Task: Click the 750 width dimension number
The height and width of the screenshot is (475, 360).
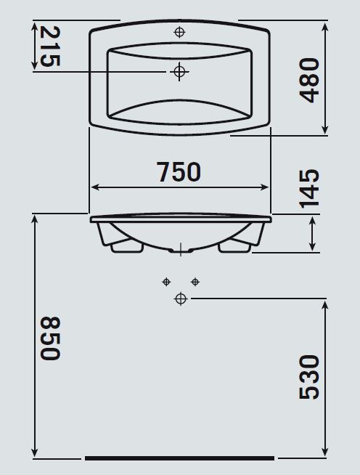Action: click(x=179, y=171)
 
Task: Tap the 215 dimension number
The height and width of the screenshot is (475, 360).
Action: click(x=50, y=46)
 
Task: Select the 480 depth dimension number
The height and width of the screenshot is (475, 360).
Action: click(x=309, y=81)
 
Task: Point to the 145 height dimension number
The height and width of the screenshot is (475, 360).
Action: click(x=309, y=188)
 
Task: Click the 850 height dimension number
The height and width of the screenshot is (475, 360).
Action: click(x=50, y=338)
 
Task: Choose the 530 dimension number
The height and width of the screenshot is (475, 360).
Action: click(x=309, y=378)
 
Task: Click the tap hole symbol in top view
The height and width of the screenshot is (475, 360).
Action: click(x=179, y=32)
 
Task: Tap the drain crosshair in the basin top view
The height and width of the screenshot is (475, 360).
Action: click(x=179, y=72)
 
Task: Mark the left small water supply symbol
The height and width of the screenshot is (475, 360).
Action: click(x=166, y=282)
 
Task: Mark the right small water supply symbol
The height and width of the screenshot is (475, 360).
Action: click(x=195, y=282)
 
